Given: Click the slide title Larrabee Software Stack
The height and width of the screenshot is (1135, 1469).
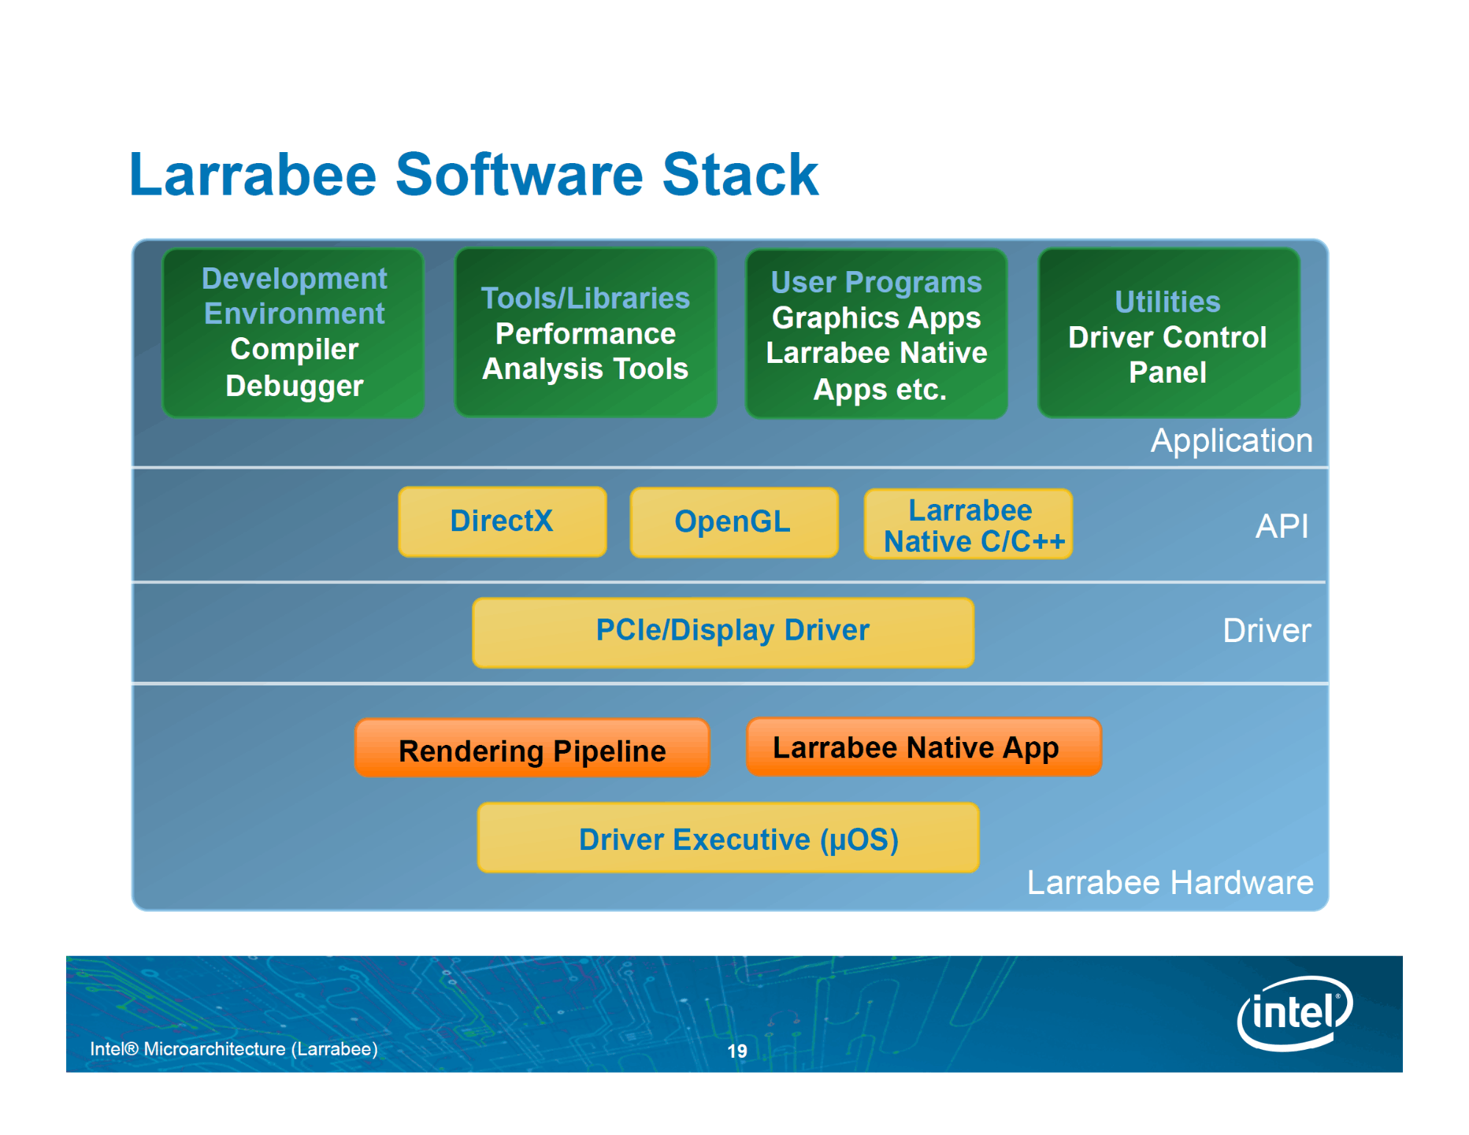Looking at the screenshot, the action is tap(473, 175).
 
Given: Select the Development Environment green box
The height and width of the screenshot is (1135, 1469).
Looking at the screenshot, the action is tap(293, 333).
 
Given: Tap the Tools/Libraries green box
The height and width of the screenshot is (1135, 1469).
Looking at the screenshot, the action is tap(586, 333).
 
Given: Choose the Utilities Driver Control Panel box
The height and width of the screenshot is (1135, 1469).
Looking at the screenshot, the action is tap(1168, 333).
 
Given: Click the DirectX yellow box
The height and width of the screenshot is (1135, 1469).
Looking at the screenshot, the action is tap(503, 522).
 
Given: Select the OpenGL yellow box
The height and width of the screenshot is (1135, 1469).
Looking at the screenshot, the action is tap(734, 522).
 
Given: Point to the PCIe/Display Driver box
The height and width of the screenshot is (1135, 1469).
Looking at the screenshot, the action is tap(723, 633).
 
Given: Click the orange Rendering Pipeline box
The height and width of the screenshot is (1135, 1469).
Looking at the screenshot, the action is tap(532, 748).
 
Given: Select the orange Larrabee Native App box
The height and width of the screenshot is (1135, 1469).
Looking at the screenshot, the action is tap(924, 747).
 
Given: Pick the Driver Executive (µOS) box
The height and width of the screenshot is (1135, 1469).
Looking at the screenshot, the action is tap(728, 837).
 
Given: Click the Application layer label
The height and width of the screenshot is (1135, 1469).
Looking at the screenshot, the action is tap(1232, 441).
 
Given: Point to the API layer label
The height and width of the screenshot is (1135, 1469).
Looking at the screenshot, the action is tap(1282, 526).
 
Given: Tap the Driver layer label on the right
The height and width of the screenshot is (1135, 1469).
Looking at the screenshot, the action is tap(1267, 630).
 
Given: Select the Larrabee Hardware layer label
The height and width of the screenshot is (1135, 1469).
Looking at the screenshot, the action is tap(1170, 882).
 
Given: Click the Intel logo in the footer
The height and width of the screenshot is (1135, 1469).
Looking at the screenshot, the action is tap(1295, 1013).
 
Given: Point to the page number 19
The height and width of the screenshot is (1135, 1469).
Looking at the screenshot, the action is tap(737, 1051).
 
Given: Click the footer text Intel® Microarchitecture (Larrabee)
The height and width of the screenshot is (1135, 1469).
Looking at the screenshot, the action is tap(234, 1049).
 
